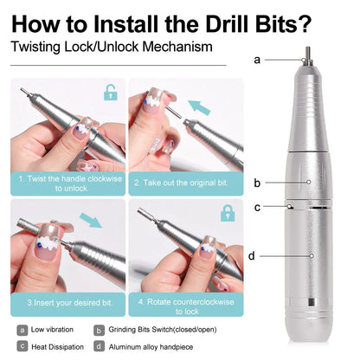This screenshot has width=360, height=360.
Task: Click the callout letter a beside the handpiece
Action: coord(258,59)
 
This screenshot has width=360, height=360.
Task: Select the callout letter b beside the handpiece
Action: coord(257,183)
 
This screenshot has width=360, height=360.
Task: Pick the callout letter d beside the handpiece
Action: coord(252,255)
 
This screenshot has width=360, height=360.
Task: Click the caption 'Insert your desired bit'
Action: coord(69,303)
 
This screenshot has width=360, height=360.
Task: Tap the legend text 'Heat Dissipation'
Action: coord(57,346)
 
